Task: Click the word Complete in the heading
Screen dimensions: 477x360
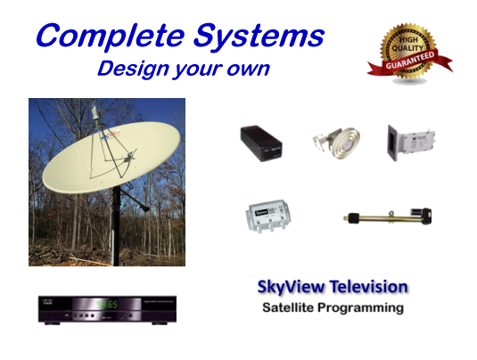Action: coord(111,37)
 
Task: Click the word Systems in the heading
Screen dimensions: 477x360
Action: coord(259,37)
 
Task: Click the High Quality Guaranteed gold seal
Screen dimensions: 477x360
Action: coord(409,53)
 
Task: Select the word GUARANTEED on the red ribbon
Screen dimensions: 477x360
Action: coord(410,61)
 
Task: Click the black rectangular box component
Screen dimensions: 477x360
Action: coord(261,143)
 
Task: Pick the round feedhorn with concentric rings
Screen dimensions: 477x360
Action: coord(336,142)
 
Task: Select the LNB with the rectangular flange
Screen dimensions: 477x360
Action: coord(411,143)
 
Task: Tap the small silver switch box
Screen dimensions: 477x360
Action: coord(267,216)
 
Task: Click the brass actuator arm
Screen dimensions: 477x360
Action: coord(388,217)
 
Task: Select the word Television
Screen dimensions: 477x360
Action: coord(369,287)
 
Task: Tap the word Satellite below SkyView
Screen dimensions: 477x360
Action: coord(288,307)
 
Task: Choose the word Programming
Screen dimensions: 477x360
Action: coord(361,308)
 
